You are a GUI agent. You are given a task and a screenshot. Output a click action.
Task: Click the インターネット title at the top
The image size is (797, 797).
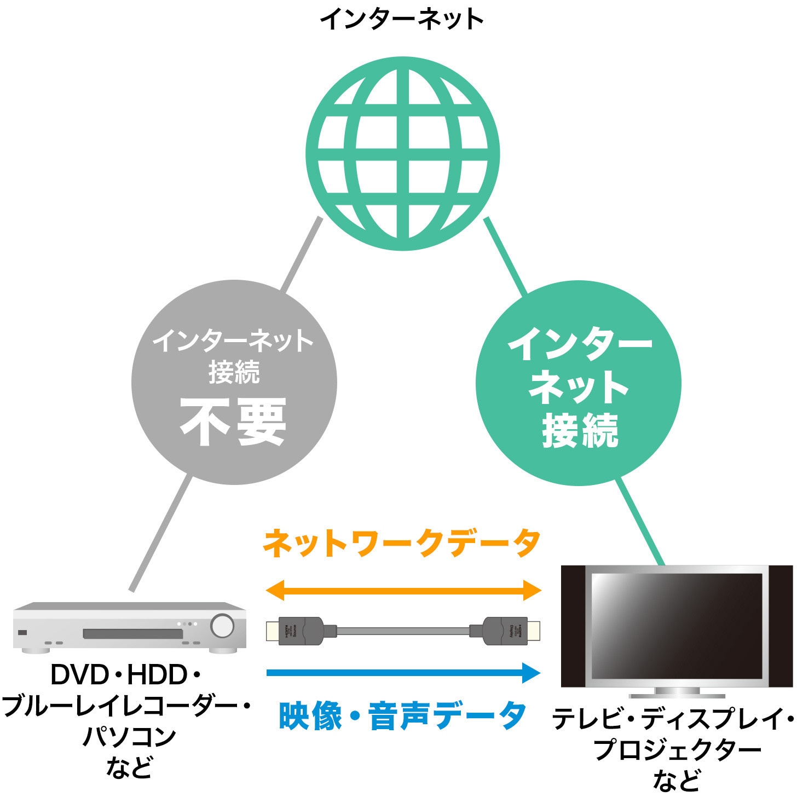pos(402,19)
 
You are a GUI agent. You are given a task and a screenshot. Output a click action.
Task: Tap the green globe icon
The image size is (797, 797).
pos(402,153)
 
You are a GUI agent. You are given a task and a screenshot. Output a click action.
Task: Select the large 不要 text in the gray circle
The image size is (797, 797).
pos(234,421)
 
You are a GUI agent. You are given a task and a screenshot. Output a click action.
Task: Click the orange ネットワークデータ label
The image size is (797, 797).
pos(402,543)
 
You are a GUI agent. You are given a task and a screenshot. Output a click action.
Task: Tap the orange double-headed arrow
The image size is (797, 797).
pos(403,590)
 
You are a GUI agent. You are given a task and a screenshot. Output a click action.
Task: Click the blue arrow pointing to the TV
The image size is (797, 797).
pos(403,672)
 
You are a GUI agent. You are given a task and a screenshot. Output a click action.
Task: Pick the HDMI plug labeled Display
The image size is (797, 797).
pos(512,631)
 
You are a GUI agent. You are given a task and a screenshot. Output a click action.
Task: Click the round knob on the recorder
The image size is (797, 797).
pos(222,626)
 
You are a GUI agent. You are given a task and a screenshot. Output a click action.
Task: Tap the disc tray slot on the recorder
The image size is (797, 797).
pos(132,634)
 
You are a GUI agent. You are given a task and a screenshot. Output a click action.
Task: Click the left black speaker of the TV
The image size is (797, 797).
pos(573,625)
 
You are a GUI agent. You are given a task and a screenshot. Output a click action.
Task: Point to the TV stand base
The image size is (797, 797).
pos(677,694)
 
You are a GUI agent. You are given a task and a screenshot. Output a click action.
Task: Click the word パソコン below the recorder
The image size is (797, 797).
pos(129,737)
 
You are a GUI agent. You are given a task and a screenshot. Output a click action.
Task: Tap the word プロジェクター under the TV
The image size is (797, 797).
pos(677,749)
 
